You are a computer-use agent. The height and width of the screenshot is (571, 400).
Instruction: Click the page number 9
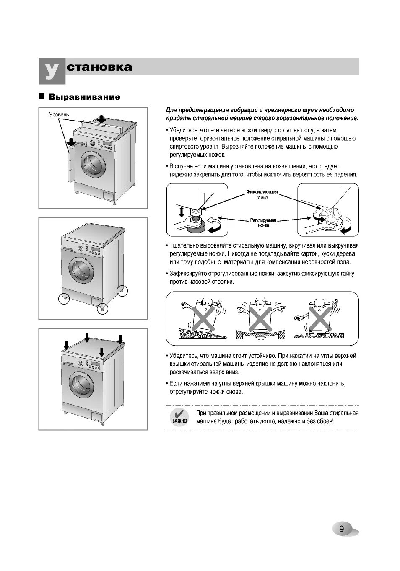[x=342, y=529]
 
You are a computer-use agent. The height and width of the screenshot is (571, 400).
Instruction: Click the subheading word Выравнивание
[x=85, y=97]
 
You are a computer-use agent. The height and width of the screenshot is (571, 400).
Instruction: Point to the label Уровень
[x=59, y=115]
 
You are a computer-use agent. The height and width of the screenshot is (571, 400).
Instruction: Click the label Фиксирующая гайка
[x=262, y=195]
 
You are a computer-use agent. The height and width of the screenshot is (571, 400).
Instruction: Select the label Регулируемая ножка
[x=263, y=222]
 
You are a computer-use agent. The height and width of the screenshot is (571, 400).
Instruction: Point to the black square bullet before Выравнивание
[x=42, y=97]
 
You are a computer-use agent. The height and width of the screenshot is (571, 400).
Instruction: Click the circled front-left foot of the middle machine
[x=64, y=299]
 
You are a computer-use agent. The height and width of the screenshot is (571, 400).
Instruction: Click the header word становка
[x=99, y=67]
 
